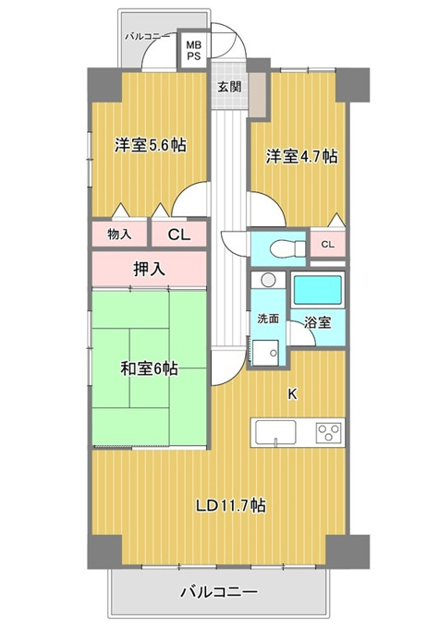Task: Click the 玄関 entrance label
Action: pos(229,87)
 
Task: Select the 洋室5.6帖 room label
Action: pos(151,145)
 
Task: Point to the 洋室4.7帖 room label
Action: pos(301,156)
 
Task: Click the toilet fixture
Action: pos(287,249)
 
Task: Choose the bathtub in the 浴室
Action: pos(317,290)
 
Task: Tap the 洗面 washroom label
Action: pos(268,320)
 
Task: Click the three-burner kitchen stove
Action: pos(330,432)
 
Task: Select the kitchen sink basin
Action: pos(275,432)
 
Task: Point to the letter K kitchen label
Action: pos(293,395)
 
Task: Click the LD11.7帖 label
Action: pos(230,505)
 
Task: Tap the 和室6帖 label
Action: pos(149,368)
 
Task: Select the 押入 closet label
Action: pos(149,269)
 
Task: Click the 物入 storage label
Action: pos(119,235)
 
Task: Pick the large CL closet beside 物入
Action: pos(179,235)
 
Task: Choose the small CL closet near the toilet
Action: pos(327,245)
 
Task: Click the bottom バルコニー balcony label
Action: pos(219,592)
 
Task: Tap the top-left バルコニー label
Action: pos(147,37)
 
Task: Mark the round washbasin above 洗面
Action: pos(268,281)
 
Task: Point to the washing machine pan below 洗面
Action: pos(265,353)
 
